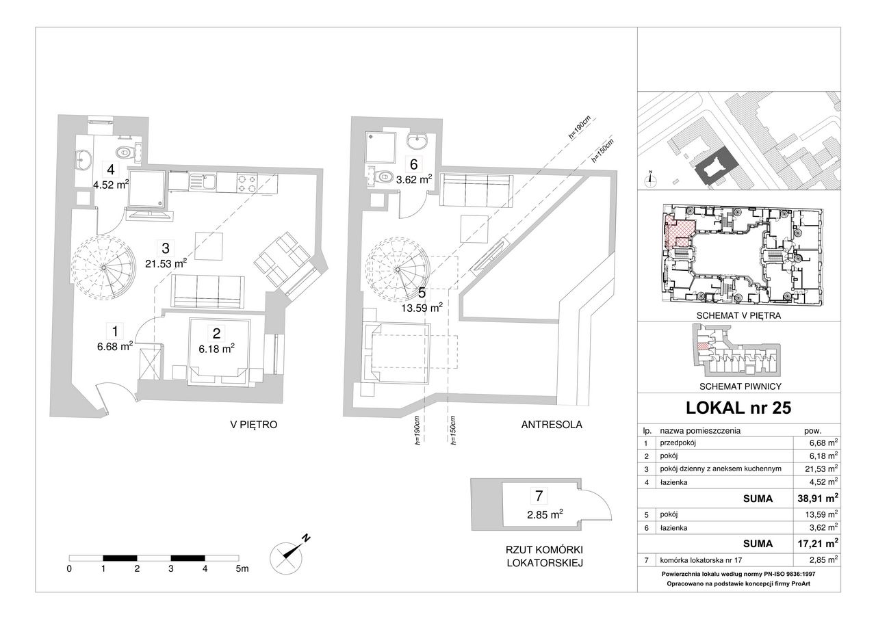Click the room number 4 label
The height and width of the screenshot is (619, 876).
[111, 170]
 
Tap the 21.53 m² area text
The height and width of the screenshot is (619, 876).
[166, 264]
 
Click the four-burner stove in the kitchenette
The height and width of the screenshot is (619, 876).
[247, 184]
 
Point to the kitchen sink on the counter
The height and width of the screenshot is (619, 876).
[203, 182]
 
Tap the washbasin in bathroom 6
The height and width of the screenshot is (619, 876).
[418, 141]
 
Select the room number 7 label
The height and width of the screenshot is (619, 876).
[539, 496]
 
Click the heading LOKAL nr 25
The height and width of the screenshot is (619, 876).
[738, 408]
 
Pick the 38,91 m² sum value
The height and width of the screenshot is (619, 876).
[818, 498]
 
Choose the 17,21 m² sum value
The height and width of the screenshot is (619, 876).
[818, 543]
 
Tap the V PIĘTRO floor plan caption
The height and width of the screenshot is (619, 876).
[254, 424]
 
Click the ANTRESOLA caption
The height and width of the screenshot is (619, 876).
[552, 424]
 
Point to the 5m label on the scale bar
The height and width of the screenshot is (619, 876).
[242, 568]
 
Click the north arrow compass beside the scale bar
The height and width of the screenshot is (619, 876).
[287, 555]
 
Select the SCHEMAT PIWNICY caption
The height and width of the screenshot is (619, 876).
[740, 386]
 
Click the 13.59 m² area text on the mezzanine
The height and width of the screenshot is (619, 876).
[422, 308]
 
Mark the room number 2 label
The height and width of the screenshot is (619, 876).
[216, 333]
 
